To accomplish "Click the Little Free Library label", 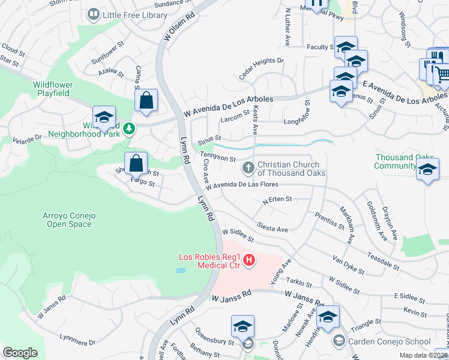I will click(135, 14).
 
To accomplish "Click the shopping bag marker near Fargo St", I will click(136, 163).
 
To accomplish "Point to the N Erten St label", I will click(277, 200).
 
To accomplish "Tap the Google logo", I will click(20, 353).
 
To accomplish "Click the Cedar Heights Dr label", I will click(261, 68).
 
